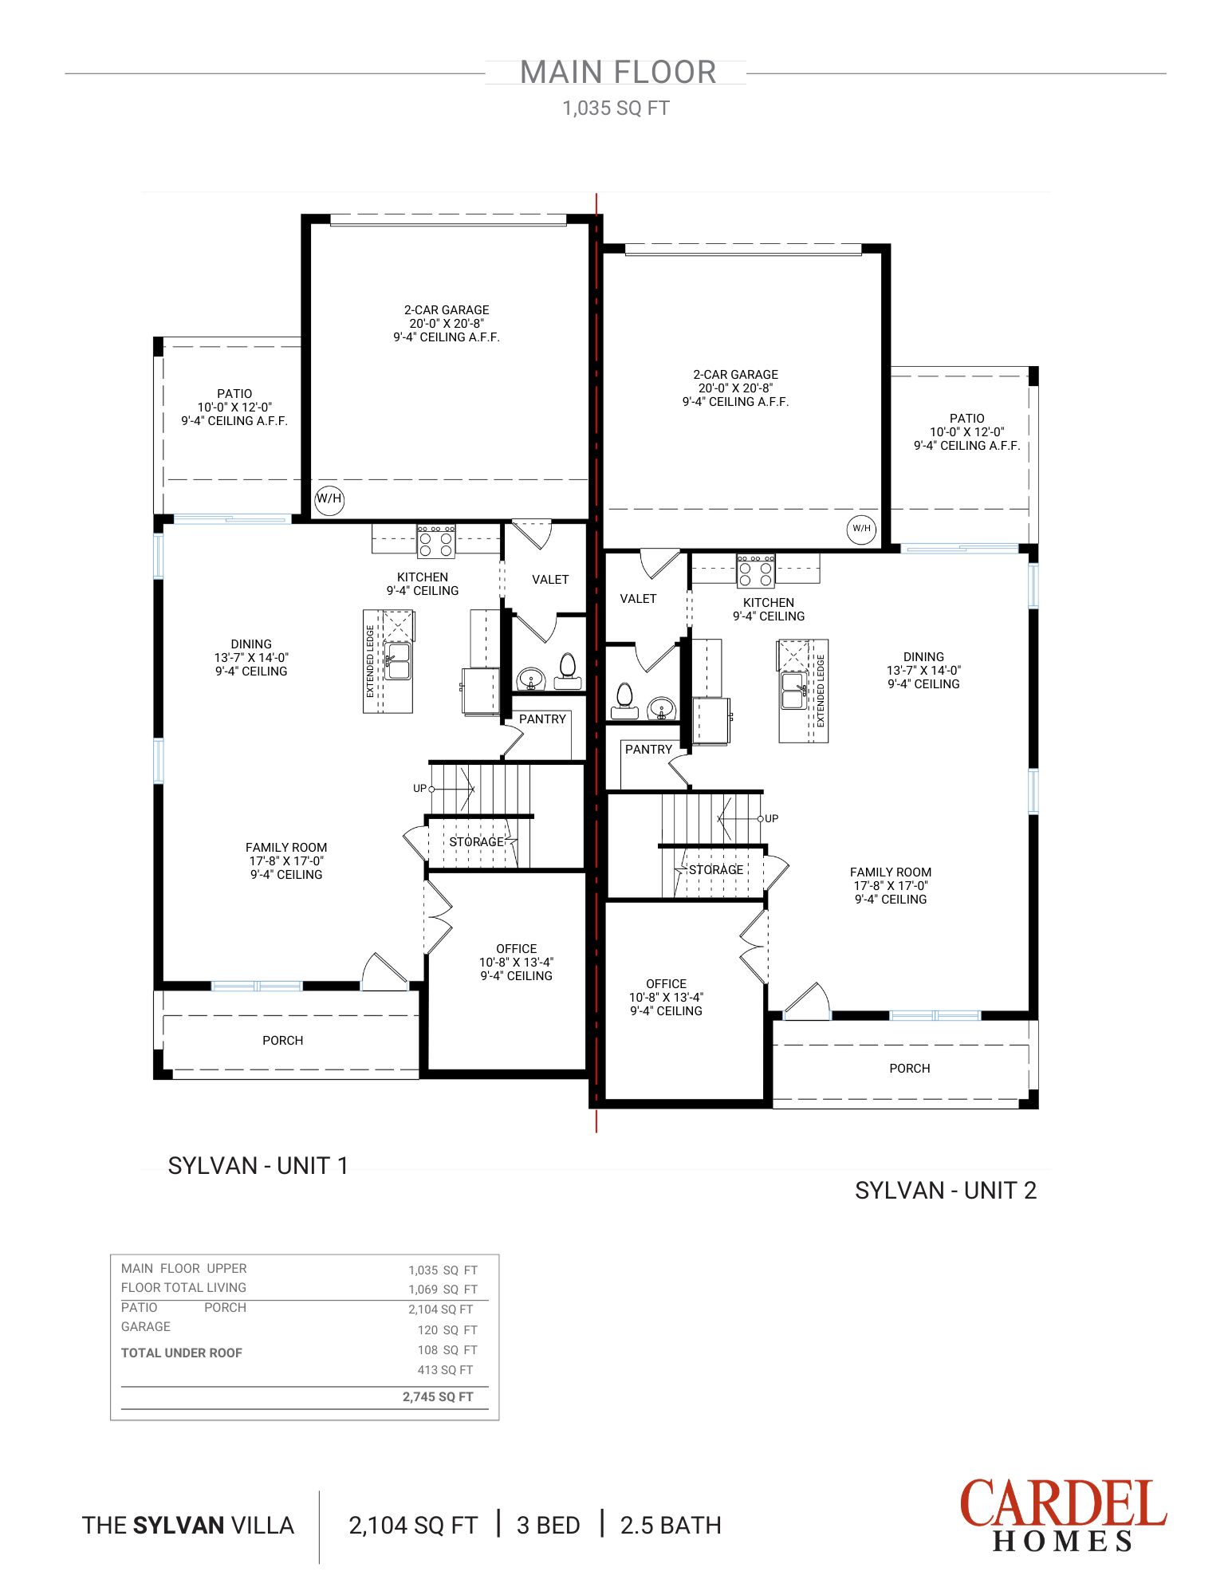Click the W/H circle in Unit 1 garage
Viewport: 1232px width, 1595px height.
tap(329, 499)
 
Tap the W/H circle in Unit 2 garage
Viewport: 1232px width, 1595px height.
tap(861, 528)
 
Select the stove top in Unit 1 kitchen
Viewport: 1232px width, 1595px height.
tap(436, 542)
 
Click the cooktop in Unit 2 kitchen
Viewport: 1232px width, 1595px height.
tap(755, 571)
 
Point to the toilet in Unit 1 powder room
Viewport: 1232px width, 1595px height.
tap(567, 670)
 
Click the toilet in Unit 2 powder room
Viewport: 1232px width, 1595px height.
tap(624, 699)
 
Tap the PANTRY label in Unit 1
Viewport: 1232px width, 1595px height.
tap(542, 719)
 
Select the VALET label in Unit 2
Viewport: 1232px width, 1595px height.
tap(638, 599)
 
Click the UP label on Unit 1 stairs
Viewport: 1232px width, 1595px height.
tap(419, 789)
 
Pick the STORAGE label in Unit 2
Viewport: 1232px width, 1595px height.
tap(716, 870)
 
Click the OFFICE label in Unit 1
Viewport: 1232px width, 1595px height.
tap(516, 949)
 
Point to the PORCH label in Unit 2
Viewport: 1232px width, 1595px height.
tap(909, 1069)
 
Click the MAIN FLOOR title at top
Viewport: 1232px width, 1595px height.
tap(618, 73)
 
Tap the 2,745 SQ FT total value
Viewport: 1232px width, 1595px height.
tap(438, 1397)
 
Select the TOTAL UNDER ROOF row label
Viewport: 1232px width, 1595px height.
tap(182, 1353)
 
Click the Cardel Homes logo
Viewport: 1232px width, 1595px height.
tap(1062, 1514)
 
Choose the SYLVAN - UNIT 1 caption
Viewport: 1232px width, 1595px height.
tap(258, 1166)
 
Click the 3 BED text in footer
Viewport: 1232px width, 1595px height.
tap(549, 1526)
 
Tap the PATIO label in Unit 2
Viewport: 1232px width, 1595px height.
tap(966, 419)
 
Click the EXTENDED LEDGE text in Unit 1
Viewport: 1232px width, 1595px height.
tap(371, 661)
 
